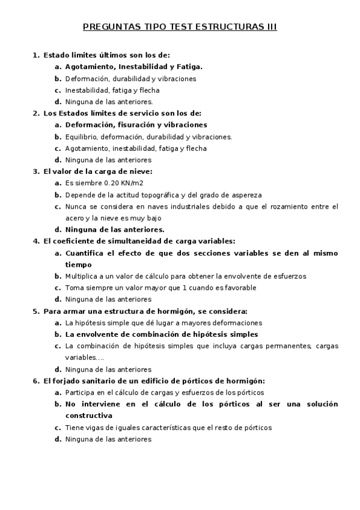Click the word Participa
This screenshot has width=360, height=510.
81,392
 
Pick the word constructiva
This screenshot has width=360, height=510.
89,416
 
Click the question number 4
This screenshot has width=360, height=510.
35,241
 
